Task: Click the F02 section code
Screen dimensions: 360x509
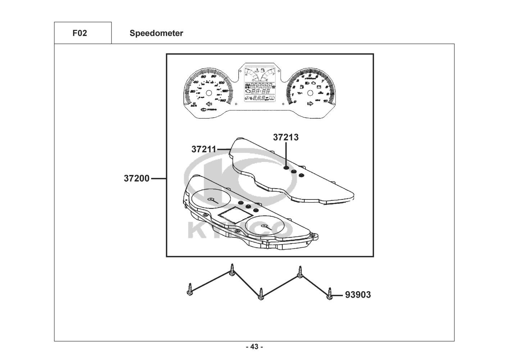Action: click(x=79, y=33)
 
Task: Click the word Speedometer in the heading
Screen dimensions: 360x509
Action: click(x=156, y=33)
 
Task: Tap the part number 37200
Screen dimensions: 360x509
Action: click(x=137, y=178)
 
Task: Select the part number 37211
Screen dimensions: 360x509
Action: click(x=204, y=149)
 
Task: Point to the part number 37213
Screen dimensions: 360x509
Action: click(x=286, y=137)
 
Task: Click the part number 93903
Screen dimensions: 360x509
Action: click(x=358, y=295)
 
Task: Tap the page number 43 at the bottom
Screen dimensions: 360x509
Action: click(x=254, y=347)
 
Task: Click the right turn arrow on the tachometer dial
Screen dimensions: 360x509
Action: click(x=309, y=104)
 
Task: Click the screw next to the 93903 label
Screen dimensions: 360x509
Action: click(x=329, y=294)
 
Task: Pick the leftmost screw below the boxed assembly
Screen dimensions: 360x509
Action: click(x=190, y=289)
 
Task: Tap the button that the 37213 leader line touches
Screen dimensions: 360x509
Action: click(x=286, y=167)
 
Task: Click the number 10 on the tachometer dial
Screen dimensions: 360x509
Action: click(x=326, y=101)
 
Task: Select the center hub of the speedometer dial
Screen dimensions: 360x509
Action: click(x=208, y=93)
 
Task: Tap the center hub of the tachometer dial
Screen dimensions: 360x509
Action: click(x=309, y=93)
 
